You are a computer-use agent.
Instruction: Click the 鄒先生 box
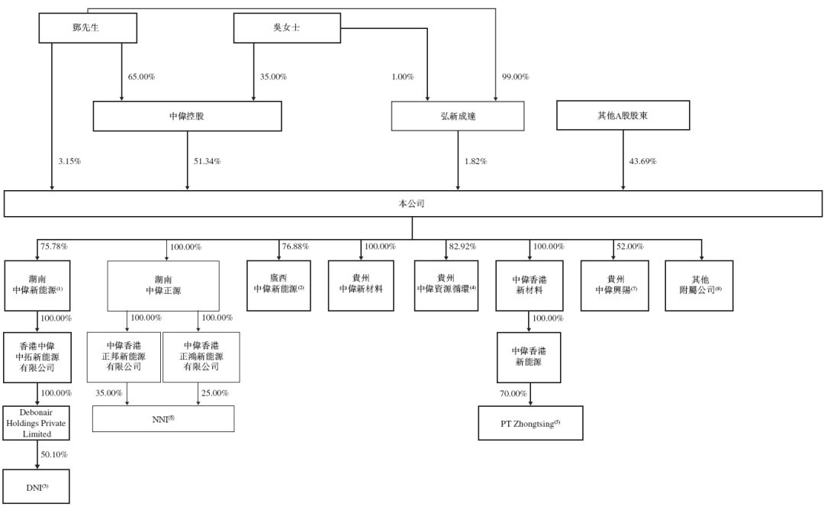point(88,27)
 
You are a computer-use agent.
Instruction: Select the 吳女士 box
point(287,27)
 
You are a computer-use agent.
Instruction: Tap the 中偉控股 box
point(187,116)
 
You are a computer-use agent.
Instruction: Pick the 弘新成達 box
point(458,116)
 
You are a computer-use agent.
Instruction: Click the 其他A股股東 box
point(623,115)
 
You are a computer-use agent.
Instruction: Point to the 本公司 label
point(411,204)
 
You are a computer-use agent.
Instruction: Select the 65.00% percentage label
point(141,77)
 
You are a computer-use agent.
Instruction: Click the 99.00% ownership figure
point(516,77)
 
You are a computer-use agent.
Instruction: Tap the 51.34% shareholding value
point(207,161)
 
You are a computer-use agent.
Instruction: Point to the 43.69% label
point(642,161)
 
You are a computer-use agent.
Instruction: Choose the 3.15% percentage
point(69,161)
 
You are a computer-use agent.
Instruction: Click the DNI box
point(37,487)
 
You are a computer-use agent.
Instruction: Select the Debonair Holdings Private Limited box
point(37,423)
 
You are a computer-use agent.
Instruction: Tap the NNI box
point(163,419)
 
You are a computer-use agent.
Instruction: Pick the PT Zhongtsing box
point(531,423)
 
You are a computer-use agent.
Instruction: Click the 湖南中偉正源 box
point(163,286)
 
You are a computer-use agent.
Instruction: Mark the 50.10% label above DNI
point(54,455)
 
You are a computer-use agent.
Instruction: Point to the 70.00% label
point(513,394)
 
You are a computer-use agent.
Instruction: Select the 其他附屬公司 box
point(700,286)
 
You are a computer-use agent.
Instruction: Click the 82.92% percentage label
point(462,247)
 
